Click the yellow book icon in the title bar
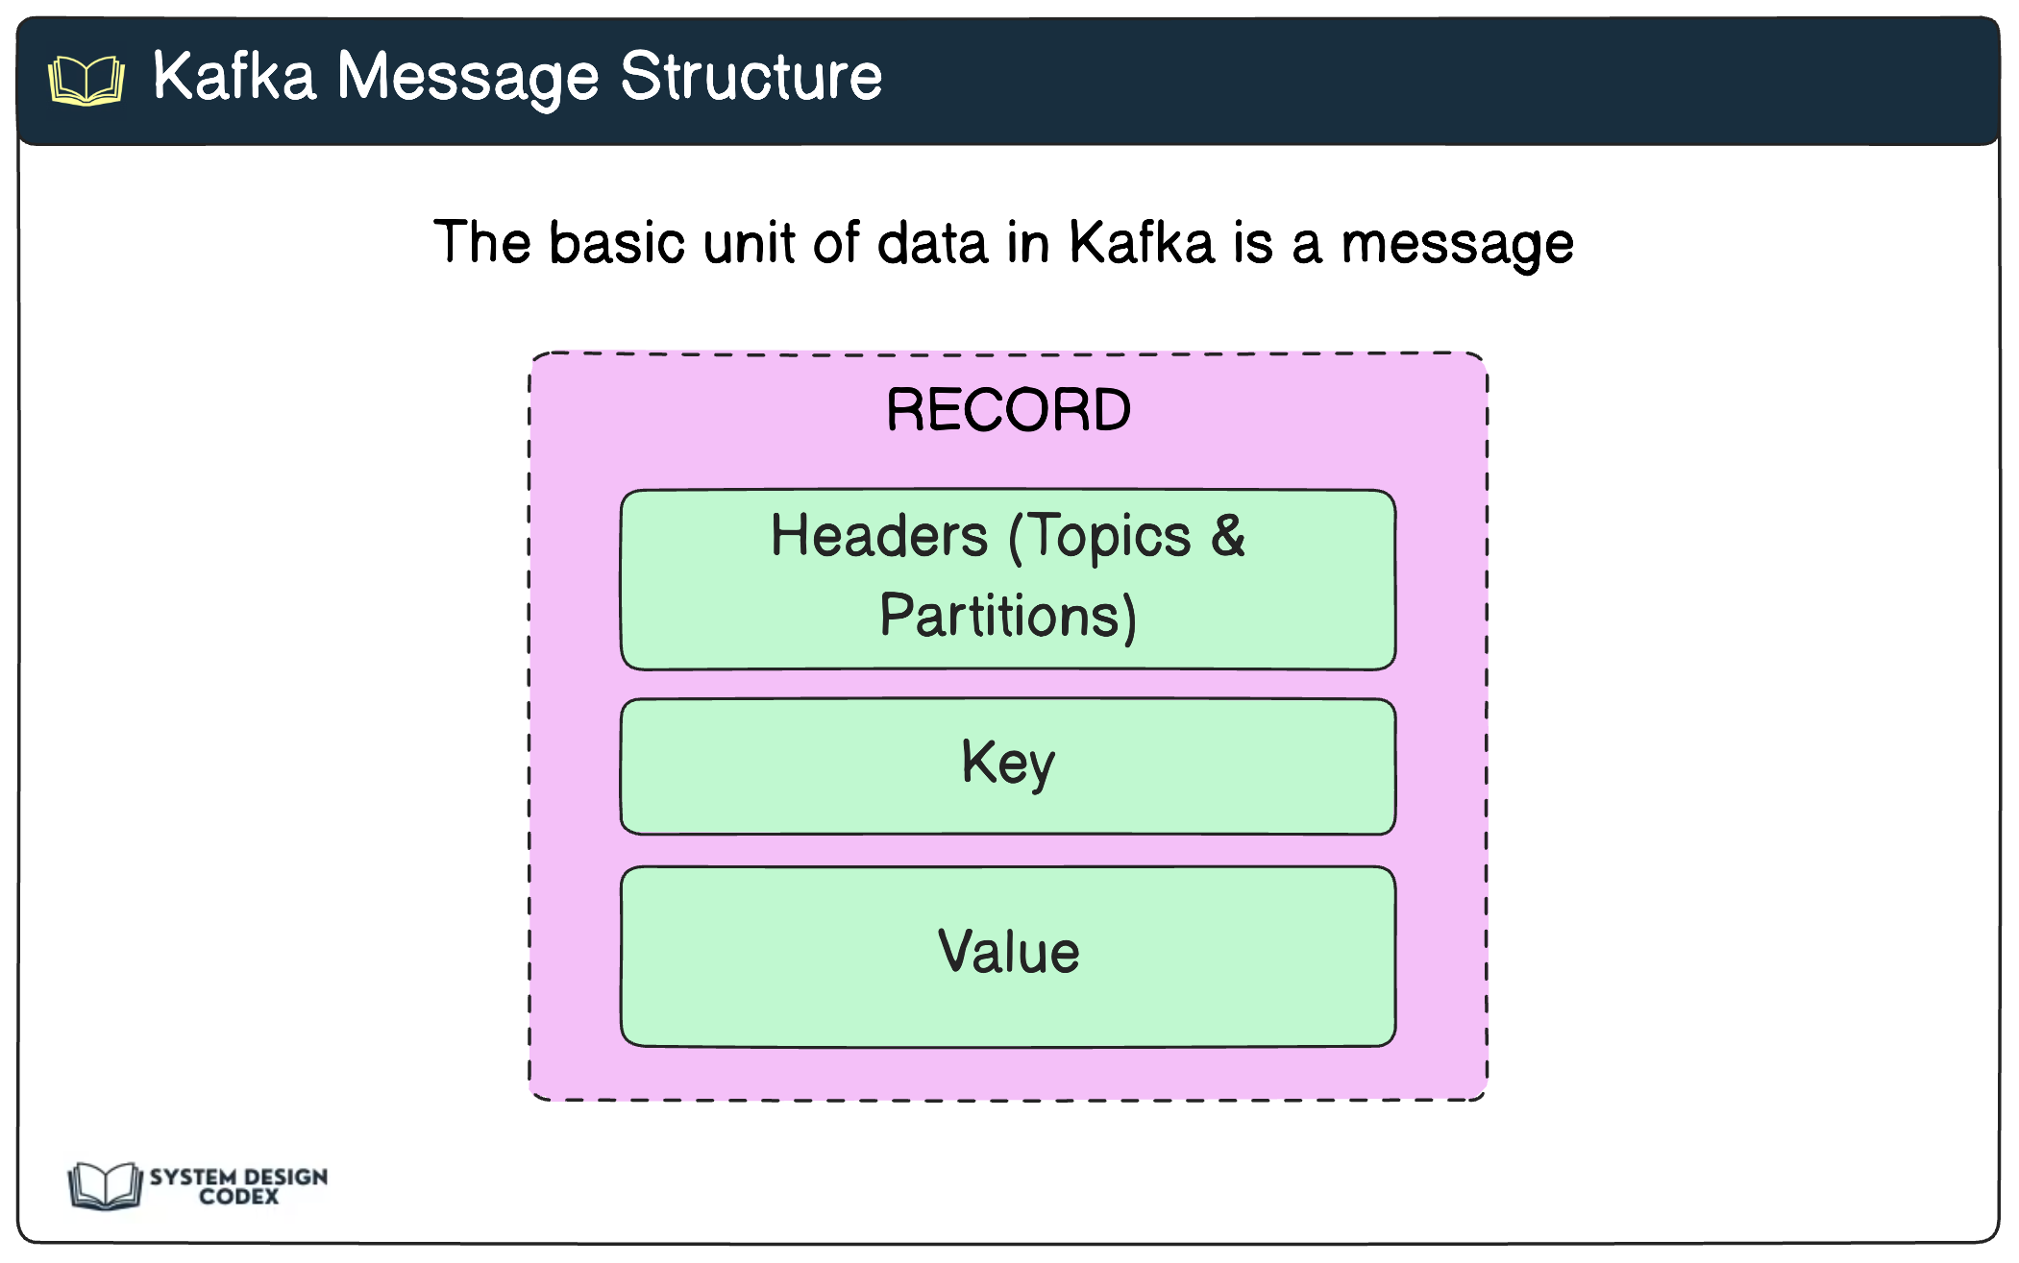pyautogui.click(x=86, y=80)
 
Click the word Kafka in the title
pyautogui.click(x=234, y=76)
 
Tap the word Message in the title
pyautogui.click(x=468, y=78)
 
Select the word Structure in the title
pyautogui.click(x=751, y=76)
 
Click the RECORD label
pyautogui.click(x=1008, y=410)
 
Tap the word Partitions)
pyautogui.click(x=1008, y=616)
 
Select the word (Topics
pyautogui.click(x=1099, y=536)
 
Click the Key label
pyautogui.click(x=1008, y=765)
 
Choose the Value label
pyautogui.click(x=1008, y=952)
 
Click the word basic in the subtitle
pyautogui.click(x=616, y=242)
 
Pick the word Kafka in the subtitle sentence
pyautogui.click(x=1142, y=242)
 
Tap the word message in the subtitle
pyautogui.click(x=1457, y=244)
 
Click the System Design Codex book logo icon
pyautogui.click(x=105, y=1184)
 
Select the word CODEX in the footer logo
pyautogui.click(x=239, y=1197)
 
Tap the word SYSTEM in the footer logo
pyautogui.click(x=192, y=1177)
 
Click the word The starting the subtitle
pyautogui.click(x=481, y=242)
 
